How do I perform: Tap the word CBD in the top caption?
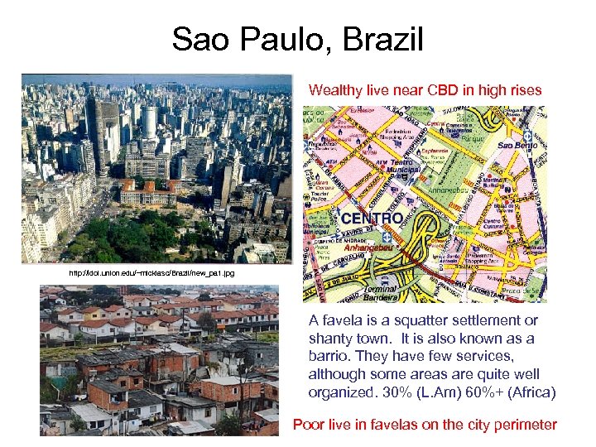point(440,89)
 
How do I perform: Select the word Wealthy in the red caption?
point(334,89)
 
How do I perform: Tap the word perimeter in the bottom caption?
point(526,425)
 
